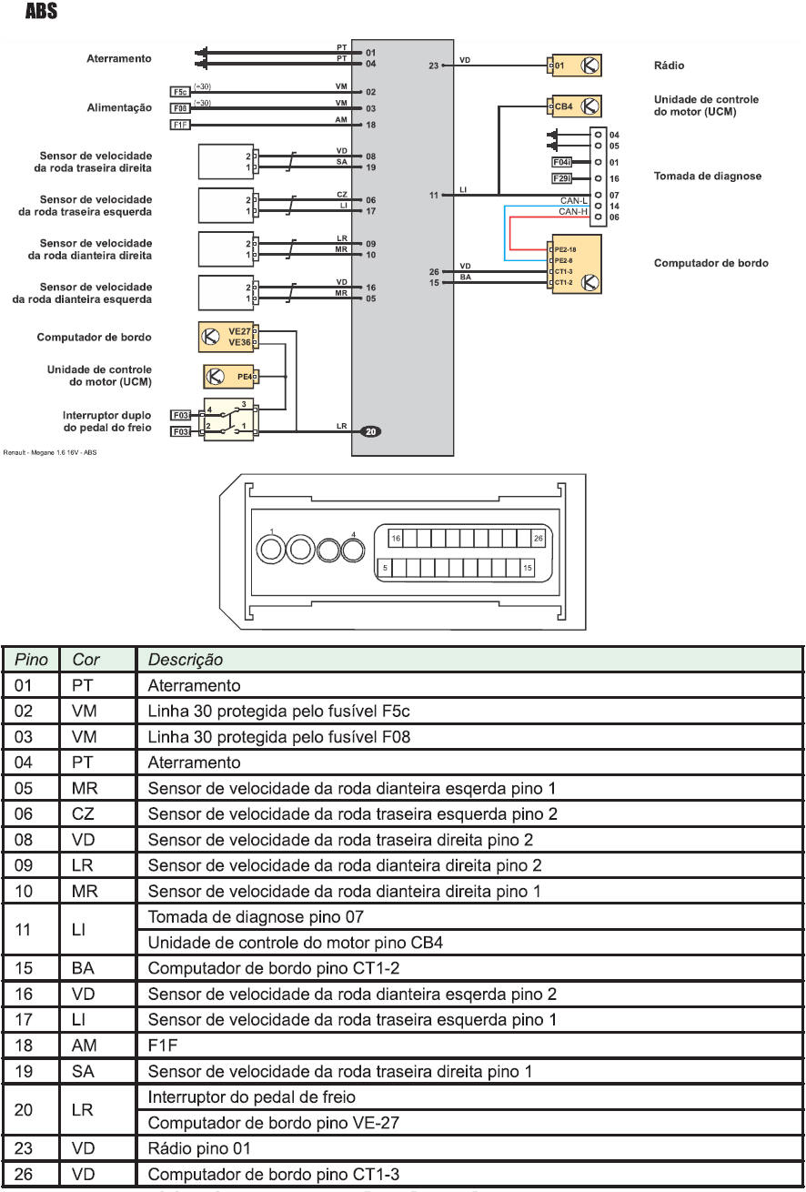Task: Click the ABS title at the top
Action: (42, 13)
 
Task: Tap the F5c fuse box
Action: (180, 92)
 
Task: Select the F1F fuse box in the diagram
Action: (180, 125)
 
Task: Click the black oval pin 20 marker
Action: (370, 431)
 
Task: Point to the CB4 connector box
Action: (564, 106)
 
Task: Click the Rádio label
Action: (669, 66)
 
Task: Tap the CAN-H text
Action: (573, 211)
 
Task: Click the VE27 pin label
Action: (239, 331)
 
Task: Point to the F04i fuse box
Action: (562, 162)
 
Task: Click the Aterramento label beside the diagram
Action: (119, 58)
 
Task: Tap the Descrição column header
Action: (185, 659)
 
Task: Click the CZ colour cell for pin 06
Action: (83, 814)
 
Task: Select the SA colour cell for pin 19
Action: (82, 1072)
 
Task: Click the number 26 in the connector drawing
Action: (538, 539)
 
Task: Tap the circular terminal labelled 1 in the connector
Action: (272, 549)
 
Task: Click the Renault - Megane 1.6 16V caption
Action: (51, 452)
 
